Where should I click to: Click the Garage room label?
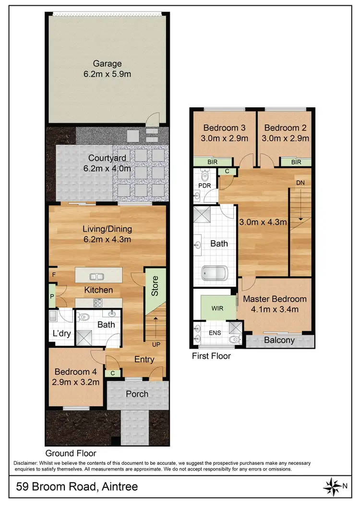click(107, 63)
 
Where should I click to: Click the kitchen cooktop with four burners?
click(98, 302)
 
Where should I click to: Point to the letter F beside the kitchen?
click(52, 275)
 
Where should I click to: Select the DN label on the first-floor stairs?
click(300, 183)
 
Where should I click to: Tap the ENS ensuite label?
click(215, 331)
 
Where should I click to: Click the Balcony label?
click(279, 340)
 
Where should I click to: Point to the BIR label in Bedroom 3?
click(213, 162)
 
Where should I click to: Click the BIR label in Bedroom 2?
click(296, 162)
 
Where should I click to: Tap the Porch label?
click(137, 394)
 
